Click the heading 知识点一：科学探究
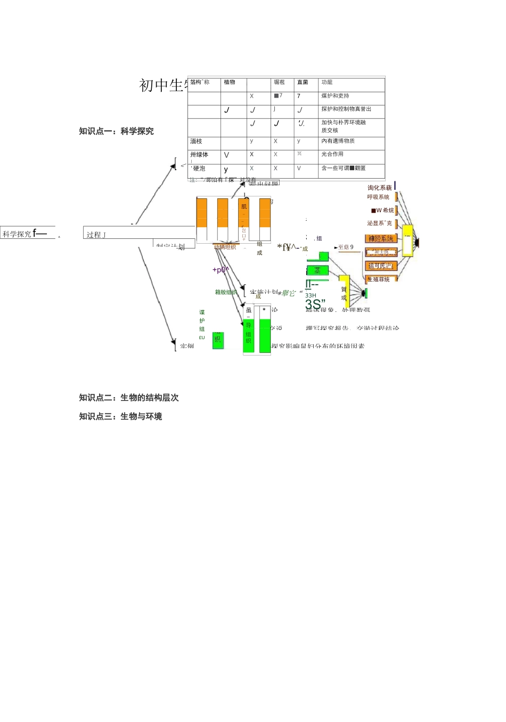(x=116, y=131)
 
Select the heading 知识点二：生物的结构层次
(x=129, y=398)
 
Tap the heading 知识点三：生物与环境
(x=120, y=416)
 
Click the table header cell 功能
(x=327, y=82)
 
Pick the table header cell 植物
(x=230, y=82)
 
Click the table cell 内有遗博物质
(x=338, y=141)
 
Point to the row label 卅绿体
(x=199, y=155)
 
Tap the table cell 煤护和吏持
(x=335, y=96)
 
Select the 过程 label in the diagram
(x=96, y=235)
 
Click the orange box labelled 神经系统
(x=381, y=238)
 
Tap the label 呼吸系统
(x=378, y=197)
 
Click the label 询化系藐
(x=379, y=188)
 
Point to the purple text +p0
(x=220, y=270)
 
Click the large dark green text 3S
(x=315, y=304)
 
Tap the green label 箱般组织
(x=226, y=292)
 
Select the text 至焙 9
(x=345, y=247)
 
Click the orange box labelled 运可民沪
(x=380, y=266)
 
